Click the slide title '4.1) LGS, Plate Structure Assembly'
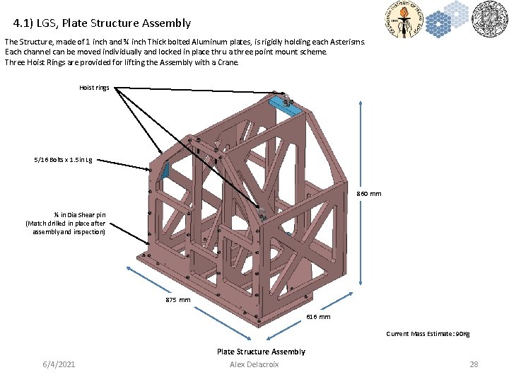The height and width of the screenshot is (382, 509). coord(102,23)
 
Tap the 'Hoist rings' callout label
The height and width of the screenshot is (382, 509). coord(94,88)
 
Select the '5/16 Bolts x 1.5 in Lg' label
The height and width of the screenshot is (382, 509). coord(63,160)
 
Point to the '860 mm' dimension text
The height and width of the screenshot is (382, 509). coord(368,194)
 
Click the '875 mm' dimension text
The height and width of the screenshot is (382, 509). coord(178,300)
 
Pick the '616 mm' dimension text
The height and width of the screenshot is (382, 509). coord(318,317)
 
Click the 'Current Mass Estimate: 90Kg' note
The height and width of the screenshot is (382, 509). coord(428,334)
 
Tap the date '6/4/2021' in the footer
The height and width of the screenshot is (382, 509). coord(59,364)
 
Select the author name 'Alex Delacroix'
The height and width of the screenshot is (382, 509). coord(255,364)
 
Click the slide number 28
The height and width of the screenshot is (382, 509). coord(474,364)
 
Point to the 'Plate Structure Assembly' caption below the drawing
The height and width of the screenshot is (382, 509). coord(261,352)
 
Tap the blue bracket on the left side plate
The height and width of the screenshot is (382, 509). coord(165,170)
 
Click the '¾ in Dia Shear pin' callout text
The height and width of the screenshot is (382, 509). coord(65,224)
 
